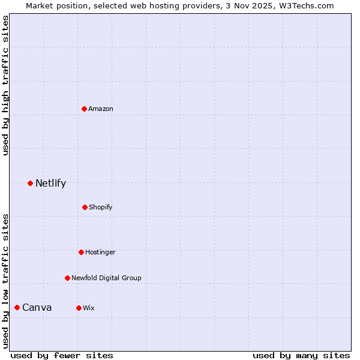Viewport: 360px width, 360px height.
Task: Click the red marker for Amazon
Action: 84,109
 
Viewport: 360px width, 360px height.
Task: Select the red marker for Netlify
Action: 30,183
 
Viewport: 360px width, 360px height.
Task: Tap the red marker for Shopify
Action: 85,207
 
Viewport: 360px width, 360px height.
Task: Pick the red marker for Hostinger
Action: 81,252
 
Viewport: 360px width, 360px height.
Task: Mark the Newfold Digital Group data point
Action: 67,278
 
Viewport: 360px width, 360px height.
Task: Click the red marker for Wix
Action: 79,308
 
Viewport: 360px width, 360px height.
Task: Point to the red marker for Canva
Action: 17,307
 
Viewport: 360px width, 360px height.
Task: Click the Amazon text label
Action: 101,109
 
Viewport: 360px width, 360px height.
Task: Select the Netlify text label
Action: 50,183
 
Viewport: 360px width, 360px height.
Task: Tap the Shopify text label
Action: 101,207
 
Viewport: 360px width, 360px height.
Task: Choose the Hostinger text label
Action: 100,252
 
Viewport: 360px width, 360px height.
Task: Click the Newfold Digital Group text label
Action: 106,278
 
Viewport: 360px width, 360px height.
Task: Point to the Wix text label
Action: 89,308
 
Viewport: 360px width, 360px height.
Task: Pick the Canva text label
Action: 37,307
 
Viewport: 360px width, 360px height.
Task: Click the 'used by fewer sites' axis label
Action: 62,355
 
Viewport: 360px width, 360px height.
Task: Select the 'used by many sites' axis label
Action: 301,355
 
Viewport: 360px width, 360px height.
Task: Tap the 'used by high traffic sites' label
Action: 5,85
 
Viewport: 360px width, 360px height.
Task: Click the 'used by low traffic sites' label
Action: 5,280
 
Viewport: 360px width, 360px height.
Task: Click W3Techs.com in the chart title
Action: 305,5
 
